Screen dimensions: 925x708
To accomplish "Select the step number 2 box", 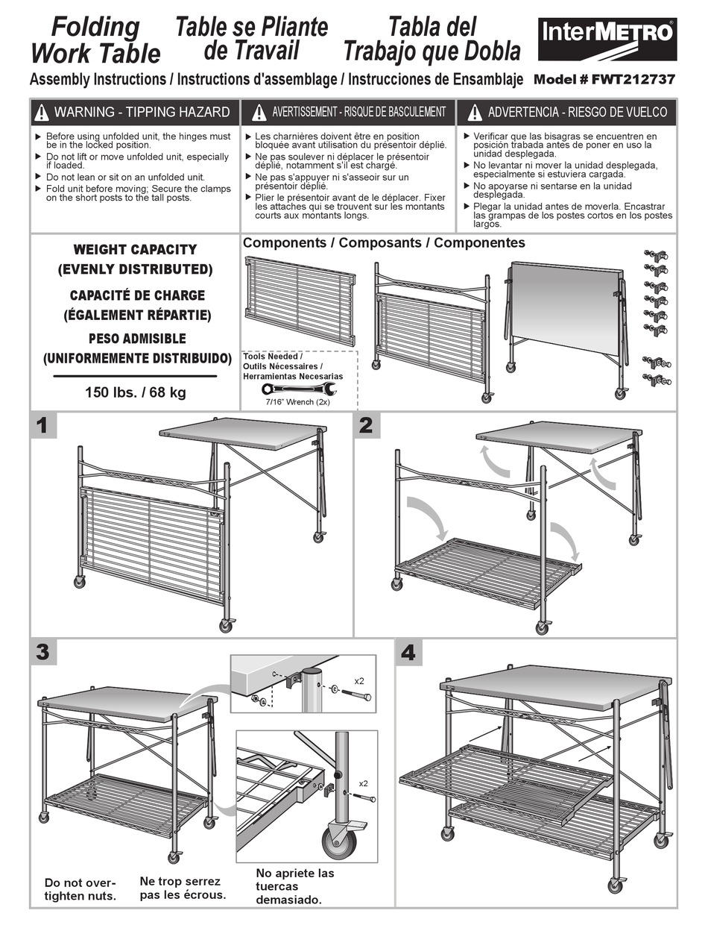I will coord(366,425).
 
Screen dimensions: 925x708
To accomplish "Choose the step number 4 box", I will coord(408,652).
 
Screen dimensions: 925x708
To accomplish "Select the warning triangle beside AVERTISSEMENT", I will coord(259,113).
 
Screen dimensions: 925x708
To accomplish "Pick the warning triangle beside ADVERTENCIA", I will coord(475,113).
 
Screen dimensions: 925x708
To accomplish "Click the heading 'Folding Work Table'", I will coord(95,40).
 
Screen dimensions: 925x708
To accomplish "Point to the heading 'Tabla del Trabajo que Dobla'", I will coord(432,40).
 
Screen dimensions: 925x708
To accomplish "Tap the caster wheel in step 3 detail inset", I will coord(339,841).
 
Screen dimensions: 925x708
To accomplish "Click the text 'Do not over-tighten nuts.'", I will coord(80,889).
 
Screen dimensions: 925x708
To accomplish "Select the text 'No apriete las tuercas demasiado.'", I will coord(295,886).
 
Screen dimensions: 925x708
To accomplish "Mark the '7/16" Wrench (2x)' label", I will coord(298,402).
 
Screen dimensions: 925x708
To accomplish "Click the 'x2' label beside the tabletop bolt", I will coord(359,681).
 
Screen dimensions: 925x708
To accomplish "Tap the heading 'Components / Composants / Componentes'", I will coord(384,243).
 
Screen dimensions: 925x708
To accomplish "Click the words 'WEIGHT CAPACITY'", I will coord(135,249).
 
